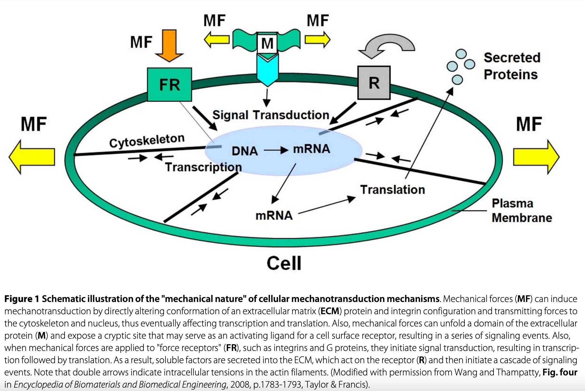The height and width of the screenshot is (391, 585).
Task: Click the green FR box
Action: [169, 84]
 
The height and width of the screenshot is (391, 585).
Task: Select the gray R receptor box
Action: [374, 83]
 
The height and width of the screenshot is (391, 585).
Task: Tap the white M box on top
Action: [267, 43]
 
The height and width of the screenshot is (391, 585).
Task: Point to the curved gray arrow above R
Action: [387, 46]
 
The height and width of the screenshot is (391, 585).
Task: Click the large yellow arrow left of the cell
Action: [32, 157]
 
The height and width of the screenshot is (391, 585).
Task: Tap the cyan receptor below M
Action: [267, 70]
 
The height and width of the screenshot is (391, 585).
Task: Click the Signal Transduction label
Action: [270, 115]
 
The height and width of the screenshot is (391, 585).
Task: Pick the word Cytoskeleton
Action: [147, 140]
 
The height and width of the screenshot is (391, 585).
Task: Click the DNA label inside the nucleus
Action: [244, 151]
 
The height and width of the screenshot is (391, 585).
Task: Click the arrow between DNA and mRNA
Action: [276, 150]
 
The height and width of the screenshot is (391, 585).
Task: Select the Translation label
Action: [392, 190]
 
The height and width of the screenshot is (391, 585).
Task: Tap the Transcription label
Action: [203, 167]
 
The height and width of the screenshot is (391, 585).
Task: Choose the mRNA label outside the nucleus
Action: [274, 215]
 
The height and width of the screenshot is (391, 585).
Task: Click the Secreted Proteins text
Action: [512, 66]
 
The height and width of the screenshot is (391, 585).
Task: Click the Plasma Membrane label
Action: [521, 210]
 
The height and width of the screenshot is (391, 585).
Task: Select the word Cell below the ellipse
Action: [284, 263]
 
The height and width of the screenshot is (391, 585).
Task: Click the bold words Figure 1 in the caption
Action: [22, 299]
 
